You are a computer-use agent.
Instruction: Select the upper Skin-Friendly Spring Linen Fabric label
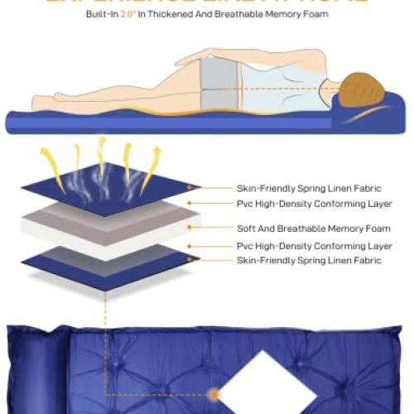[x=309, y=188]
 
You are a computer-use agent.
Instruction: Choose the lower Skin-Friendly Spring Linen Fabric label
[x=309, y=261]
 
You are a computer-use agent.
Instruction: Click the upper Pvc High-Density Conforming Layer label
[x=314, y=203]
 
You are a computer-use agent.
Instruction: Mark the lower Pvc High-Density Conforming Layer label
[x=314, y=246]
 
